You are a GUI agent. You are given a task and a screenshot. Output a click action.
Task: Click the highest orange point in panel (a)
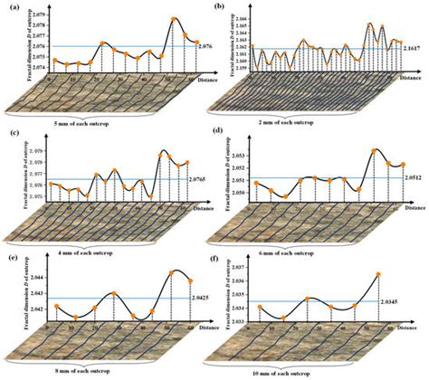(x=173, y=18)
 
